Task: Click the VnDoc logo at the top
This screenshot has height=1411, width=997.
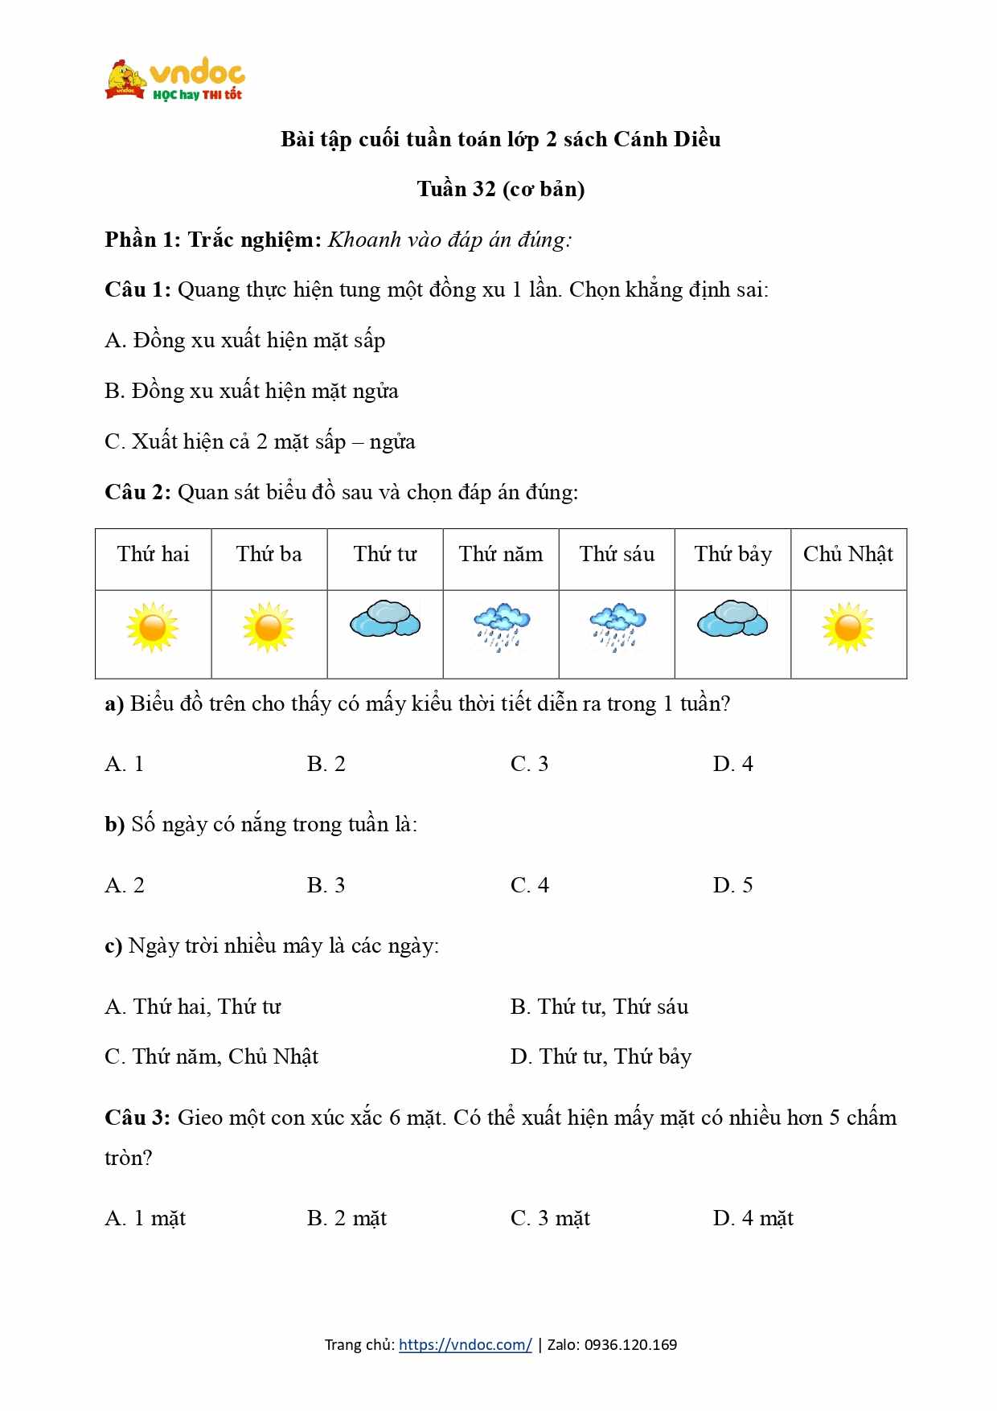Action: [174, 80]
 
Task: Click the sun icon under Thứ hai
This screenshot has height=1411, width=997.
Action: [153, 627]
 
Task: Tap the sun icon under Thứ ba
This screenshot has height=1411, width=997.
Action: [269, 627]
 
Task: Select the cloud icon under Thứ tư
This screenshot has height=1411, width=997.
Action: [385, 619]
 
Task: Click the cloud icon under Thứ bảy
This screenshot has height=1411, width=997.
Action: [732, 619]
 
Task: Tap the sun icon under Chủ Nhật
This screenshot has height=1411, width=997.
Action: [848, 627]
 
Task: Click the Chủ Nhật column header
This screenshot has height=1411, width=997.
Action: [848, 555]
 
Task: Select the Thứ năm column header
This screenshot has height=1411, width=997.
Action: [501, 555]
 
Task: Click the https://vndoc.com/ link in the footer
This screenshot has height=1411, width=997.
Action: [465, 1345]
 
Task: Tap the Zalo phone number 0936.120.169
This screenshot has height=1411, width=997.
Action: [630, 1345]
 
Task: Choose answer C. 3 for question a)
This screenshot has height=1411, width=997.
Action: [529, 764]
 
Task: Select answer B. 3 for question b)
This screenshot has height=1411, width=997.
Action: [326, 885]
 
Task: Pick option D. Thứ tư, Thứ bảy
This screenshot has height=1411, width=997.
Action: [601, 1056]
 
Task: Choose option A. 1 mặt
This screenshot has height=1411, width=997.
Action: [145, 1219]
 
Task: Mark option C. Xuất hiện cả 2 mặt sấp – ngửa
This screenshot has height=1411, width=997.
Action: [260, 442]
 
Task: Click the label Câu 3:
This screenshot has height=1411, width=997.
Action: [137, 1118]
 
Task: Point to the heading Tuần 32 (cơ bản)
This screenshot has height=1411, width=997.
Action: [500, 189]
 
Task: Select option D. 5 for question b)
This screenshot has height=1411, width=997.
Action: [732, 885]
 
